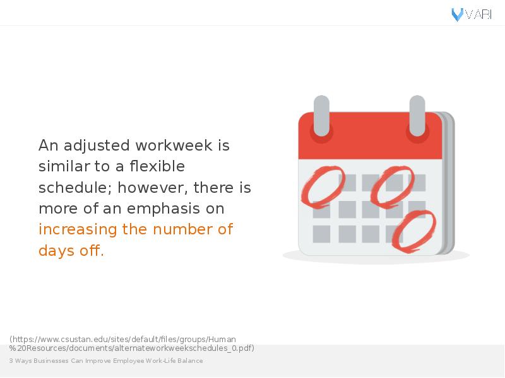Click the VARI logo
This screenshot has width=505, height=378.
click(x=472, y=14)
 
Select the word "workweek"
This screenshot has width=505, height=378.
click(x=174, y=146)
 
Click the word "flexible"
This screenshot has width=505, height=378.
click(x=157, y=166)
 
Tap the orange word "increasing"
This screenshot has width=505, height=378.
click(x=78, y=230)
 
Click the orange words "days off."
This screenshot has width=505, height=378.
click(x=71, y=251)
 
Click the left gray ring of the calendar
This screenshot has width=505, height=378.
click(x=321, y=116)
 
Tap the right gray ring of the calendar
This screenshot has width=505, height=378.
click(x=417, y=116)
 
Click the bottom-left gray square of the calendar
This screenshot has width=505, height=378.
click(x=321, y=234)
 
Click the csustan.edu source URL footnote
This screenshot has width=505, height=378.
click(x=132, y=343)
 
